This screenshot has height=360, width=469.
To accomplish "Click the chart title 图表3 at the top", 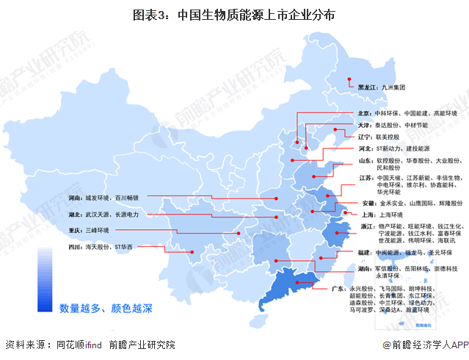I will click(x=235, y=15).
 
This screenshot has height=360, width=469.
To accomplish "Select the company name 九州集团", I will click(x=394, y=87).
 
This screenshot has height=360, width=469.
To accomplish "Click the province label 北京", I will click(x=366, y=114).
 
